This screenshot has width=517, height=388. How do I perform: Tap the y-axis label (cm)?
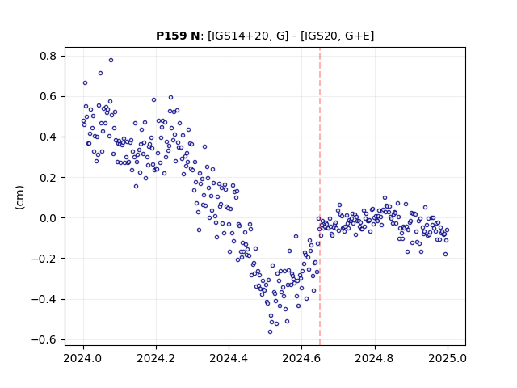tap(19, 197)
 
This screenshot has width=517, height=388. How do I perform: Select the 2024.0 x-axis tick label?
tap(83, 358)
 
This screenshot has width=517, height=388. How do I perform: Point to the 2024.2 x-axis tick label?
tap(156, 358)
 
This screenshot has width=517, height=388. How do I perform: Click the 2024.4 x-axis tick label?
tap(229, 358)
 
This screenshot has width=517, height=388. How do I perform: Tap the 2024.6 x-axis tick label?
tap(301, 358)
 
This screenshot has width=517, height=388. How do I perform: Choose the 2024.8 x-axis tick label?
tap(374, 358)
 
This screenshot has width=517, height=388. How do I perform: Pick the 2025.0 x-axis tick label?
tap(448, 358)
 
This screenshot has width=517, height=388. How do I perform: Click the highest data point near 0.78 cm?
tap(111, 60)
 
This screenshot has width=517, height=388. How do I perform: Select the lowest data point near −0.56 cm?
tap(271, 331)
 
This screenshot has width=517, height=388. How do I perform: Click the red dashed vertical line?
tap(320, 196)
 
